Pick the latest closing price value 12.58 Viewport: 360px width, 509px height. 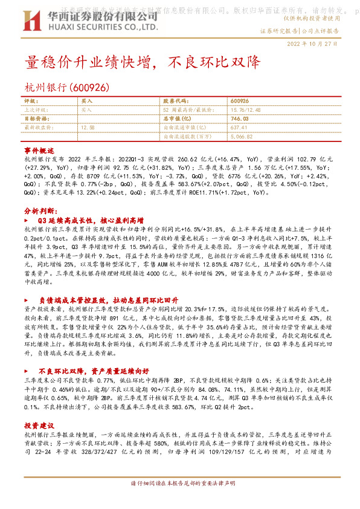point(88,128)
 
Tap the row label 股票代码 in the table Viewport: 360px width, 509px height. point(173,102)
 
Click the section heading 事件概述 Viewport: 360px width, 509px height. point(39,149)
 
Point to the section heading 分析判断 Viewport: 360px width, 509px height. point(40,212)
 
